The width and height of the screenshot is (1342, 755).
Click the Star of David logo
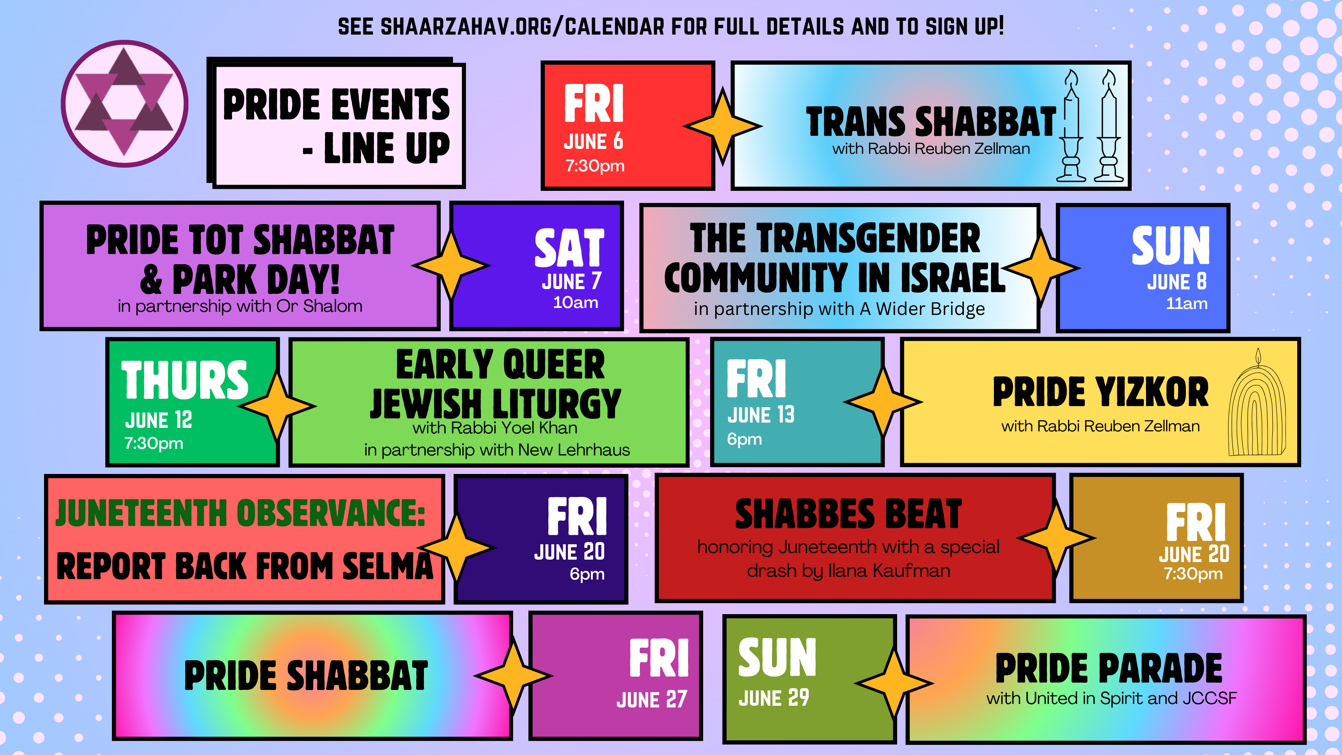point(124,104)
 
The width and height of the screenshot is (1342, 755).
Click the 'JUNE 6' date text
point(593,141)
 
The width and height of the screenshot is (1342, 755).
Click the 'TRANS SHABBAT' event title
point(931,121)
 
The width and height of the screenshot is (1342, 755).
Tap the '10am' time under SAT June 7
point(575,302)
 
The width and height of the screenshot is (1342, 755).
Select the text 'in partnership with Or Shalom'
point(240,306)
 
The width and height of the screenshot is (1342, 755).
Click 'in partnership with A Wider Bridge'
point(839,309)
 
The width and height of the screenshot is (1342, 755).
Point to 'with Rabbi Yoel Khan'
point(495,428)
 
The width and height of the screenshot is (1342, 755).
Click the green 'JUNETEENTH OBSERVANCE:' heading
point(240,513)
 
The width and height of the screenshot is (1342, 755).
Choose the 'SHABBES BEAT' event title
point(848,514)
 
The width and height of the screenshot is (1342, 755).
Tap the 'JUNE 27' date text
point(652,699)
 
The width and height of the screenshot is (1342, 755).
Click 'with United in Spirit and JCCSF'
point(1111,698)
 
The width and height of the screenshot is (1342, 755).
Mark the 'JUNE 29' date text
point(774,698)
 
